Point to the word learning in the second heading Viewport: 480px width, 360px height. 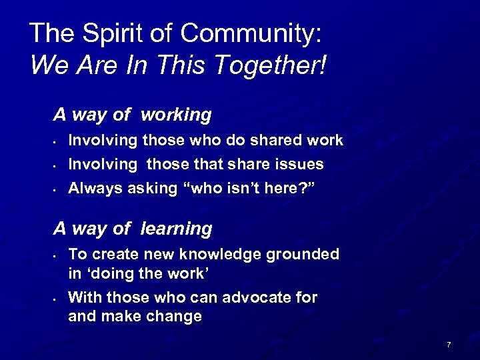177,229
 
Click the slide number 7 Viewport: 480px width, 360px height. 449,345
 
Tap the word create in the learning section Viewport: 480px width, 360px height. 113,254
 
